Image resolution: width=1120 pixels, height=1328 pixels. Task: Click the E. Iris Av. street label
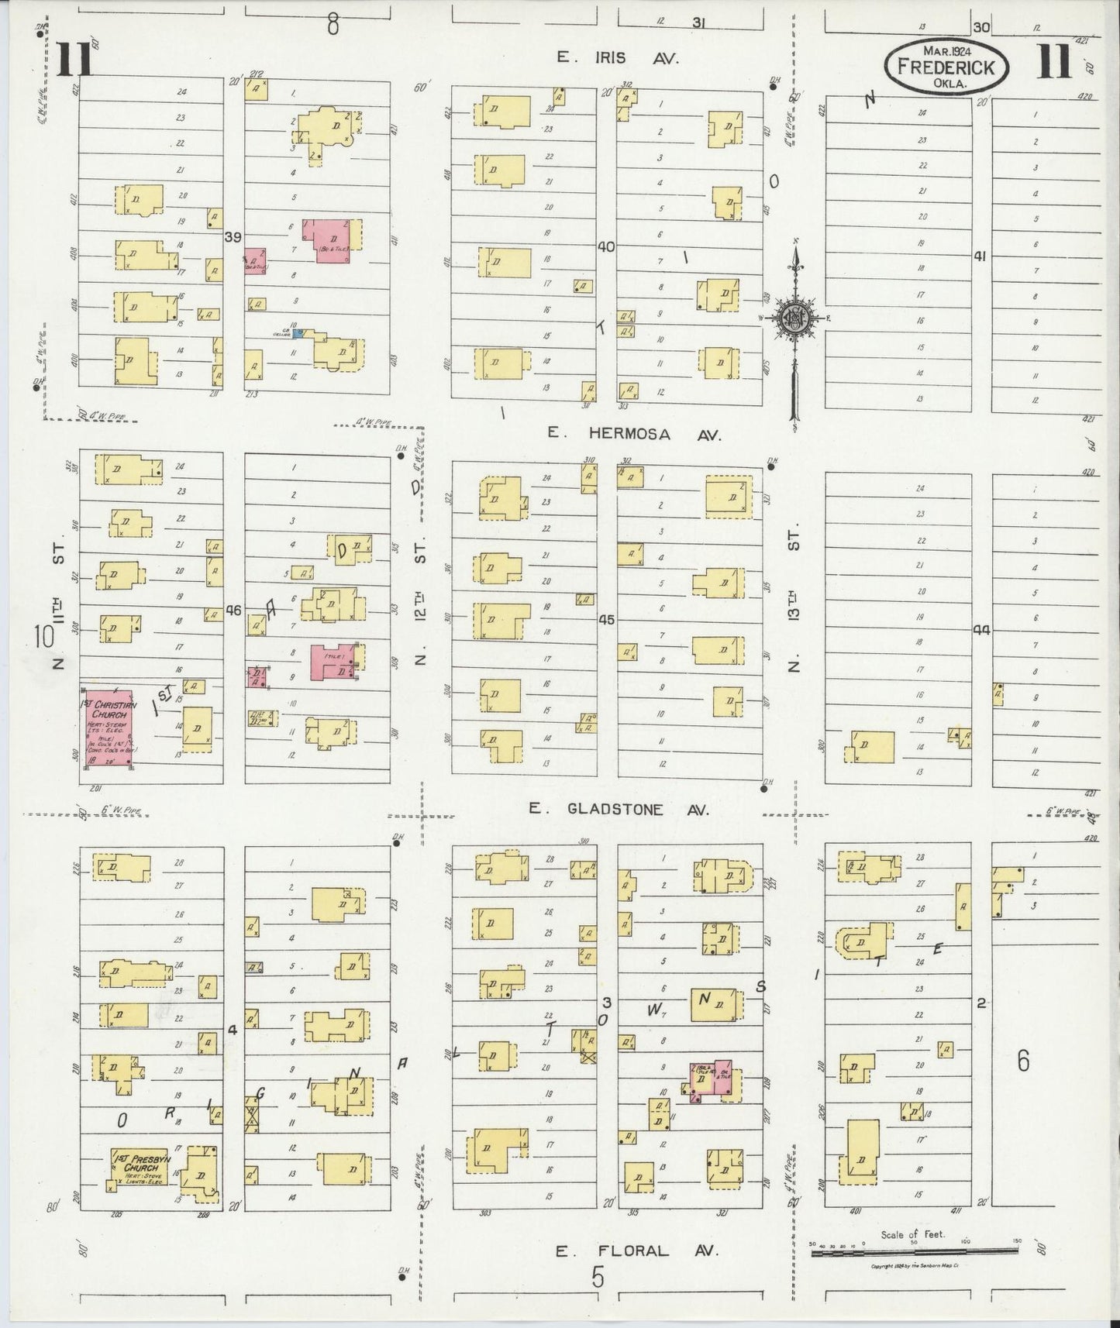point(618,58)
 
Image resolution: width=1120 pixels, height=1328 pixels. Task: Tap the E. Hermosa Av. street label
point(634,434)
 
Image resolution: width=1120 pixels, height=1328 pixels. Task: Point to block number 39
point(233,237)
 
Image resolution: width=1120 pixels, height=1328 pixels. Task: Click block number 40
point(605,246)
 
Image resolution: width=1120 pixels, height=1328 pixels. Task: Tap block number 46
point(233,611)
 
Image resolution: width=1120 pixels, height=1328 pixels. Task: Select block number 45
point(606,620)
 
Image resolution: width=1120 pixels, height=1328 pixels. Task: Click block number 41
point(980,256)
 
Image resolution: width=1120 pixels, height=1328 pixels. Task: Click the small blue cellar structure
point(298,333)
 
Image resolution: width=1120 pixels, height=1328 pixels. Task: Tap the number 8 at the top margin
point(333,25)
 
